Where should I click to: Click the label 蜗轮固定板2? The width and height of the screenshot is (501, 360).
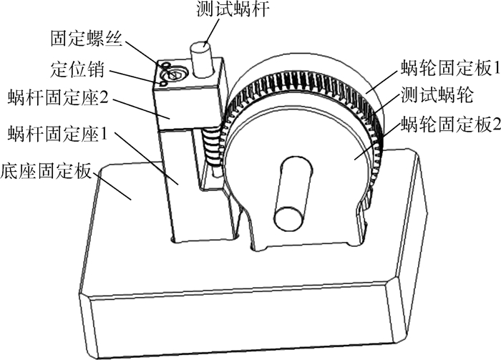click(x=449, y=123)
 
